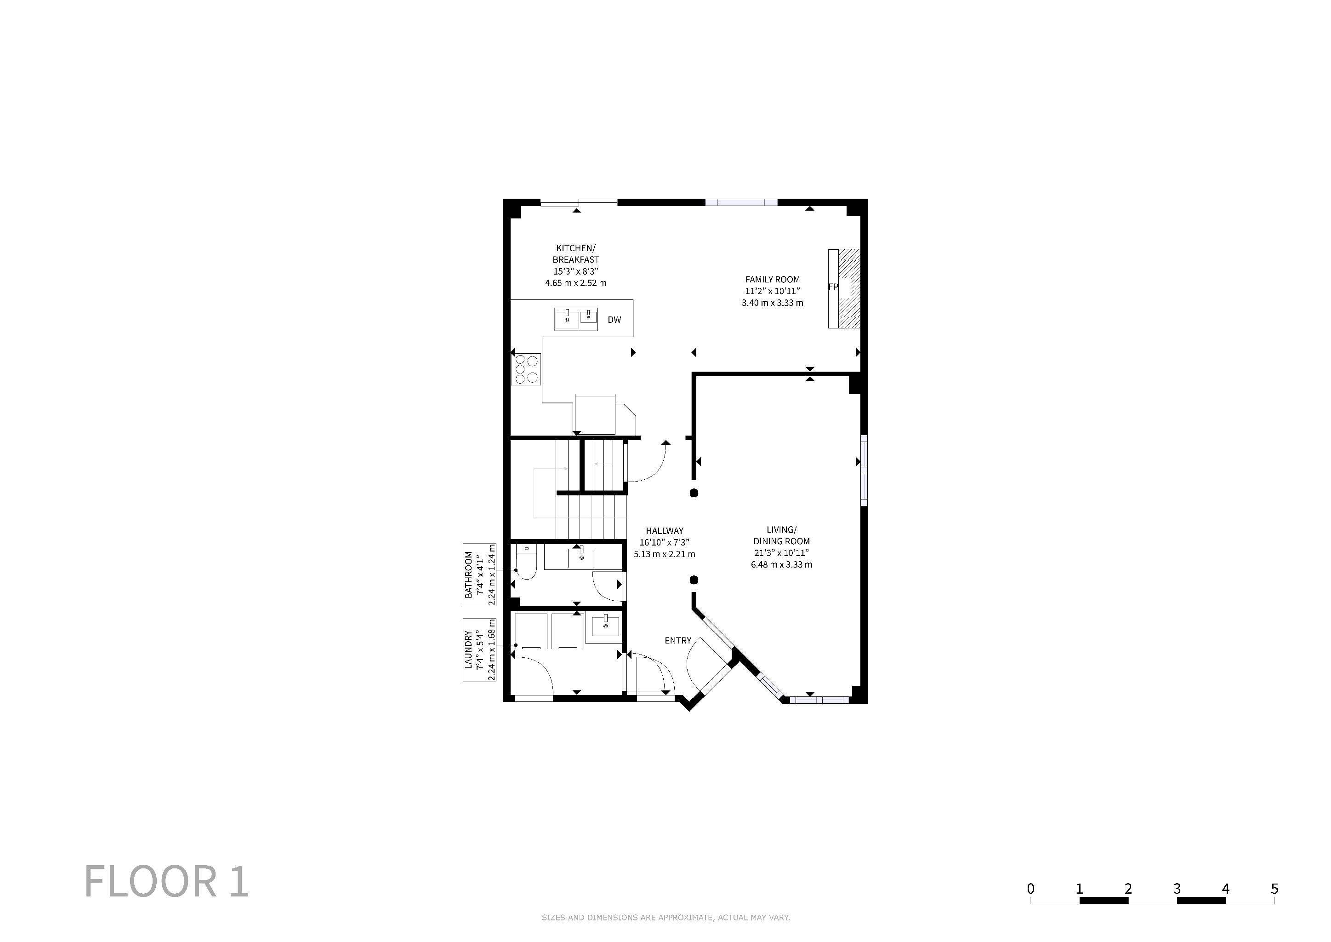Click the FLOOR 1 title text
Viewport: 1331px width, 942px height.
pos(167,881)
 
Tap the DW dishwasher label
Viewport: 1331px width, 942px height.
pos(614,320)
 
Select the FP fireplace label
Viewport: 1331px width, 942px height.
pos(833,287)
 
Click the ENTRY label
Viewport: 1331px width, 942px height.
pos(677,640)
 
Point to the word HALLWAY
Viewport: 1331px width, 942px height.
pos(664,531)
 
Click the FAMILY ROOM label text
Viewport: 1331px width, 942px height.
pos(772,280)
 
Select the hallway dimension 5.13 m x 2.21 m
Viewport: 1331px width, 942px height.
pos(664,554)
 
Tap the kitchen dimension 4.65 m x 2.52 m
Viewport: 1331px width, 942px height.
pos(575,283)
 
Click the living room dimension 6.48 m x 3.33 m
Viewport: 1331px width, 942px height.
pos(781,564)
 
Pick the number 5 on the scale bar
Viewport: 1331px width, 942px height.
pos(1274,889)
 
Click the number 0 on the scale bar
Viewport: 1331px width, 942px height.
pos(1030,889)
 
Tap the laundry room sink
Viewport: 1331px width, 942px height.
pos(605,626)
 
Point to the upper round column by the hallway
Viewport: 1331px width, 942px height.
pos(694,493)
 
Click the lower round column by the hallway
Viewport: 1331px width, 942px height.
pos(694,580)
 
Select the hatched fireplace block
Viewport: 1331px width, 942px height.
pos(850,288)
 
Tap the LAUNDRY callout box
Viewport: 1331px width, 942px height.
pos(479,649)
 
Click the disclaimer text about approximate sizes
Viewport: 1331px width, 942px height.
pos(665,918)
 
